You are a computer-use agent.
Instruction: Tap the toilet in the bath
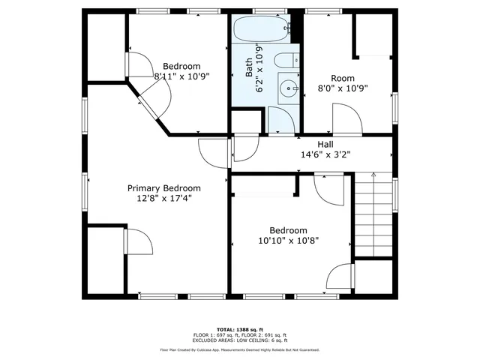click(286, 61)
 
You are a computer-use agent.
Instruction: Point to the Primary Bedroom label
click(164, 188)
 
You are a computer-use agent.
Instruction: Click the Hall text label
click(325, 145)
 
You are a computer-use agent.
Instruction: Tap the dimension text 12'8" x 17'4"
click(164, 199)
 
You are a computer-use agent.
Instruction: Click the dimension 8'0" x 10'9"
click(343, 88)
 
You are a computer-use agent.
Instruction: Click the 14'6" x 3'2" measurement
click(325, 154)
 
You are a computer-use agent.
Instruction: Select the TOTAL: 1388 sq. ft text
click(239, 329)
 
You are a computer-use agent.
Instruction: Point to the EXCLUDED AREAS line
click(240, 340)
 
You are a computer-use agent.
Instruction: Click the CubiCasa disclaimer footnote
click(239, 349)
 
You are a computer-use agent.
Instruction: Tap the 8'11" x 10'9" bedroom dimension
click(181, 76)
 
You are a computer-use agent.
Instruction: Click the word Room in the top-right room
click(343, 78)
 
